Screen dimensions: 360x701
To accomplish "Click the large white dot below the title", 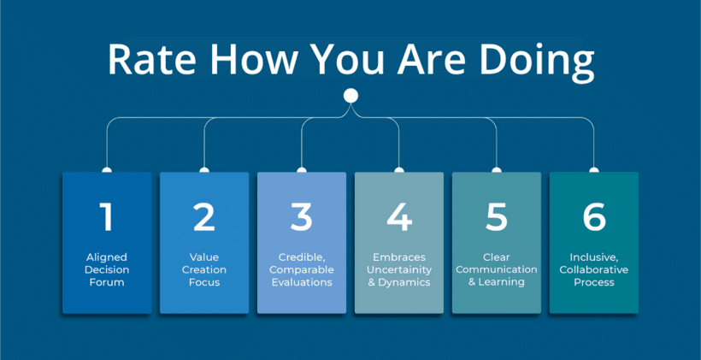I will coord(350,95).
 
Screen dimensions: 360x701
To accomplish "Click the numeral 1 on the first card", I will coord(106,217).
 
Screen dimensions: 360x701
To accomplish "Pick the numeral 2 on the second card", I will coord(203,217).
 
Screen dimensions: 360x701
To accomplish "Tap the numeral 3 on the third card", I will coord(301,217).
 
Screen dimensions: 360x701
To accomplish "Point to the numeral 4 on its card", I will coord(399,217).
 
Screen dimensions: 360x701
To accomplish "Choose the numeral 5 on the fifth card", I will coord(496,217).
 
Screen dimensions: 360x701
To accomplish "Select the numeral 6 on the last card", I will coord(594,217).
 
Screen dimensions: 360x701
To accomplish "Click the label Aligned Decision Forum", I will coord(106,269).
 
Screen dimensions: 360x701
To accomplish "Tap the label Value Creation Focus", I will coord(203,269).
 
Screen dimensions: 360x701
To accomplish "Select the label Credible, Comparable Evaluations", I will coord(301,269).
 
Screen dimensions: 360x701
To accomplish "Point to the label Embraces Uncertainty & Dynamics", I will coord(399,269).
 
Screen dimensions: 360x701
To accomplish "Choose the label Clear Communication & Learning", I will coord(496,269).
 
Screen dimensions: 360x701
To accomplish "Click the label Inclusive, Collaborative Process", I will coord(594,269).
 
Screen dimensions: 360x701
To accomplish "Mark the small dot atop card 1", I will coord(106,170).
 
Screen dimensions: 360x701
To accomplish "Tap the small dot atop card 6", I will coord(594,170).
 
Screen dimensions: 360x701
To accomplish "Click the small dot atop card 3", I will coord(301,170).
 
